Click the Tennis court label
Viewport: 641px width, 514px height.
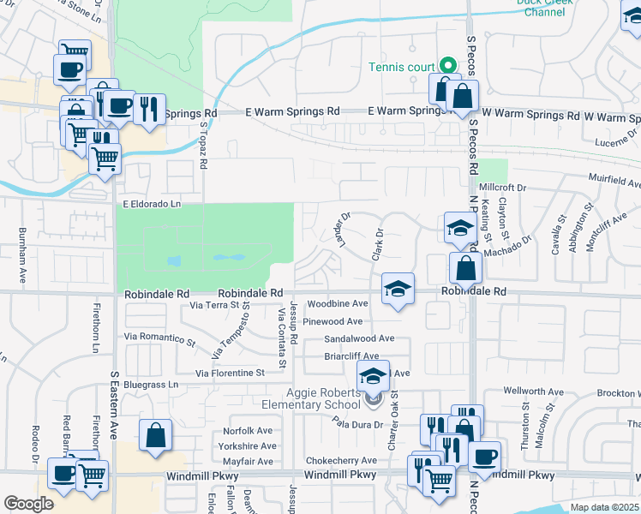click(403, 68)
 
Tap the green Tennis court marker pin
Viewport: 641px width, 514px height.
click(446, 65)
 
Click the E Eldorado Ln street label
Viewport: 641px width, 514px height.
click(152, 204)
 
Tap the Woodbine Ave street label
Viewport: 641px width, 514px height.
click(338, 304)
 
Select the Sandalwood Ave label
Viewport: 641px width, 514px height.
click(358, 338)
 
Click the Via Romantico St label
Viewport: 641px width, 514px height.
click(160, 339)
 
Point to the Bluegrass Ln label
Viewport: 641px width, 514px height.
click(150, 385)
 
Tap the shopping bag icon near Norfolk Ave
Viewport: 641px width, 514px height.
click(156, 435)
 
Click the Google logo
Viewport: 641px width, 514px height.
click(28, 504)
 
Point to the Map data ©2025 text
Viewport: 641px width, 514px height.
click(605, 507)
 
